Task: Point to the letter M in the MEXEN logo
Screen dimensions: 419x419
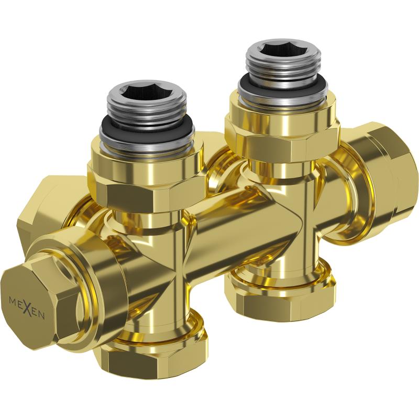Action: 13,301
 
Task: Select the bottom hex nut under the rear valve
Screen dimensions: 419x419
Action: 283,299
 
